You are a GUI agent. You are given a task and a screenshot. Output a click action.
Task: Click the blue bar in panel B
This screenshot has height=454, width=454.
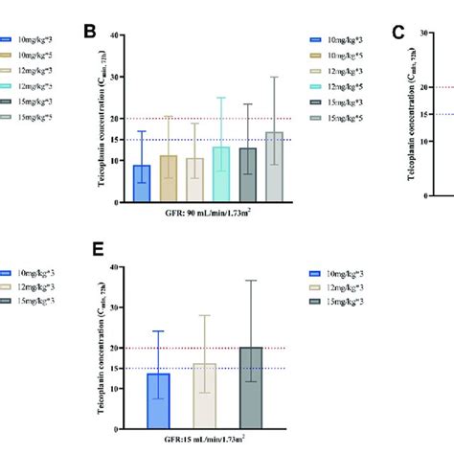tap(142, 183)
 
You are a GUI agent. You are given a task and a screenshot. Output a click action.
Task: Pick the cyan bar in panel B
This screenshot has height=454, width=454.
tap(222, 174)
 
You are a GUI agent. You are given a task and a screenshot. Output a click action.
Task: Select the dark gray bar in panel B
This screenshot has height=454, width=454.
tap(248, 175)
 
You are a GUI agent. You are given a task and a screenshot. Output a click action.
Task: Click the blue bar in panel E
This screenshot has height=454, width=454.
tap(158, 402)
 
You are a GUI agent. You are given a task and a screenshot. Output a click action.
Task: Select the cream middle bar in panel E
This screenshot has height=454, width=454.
tap(204, 397)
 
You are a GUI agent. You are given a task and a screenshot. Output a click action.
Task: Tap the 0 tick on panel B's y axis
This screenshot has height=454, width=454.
tap(116, 202)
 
